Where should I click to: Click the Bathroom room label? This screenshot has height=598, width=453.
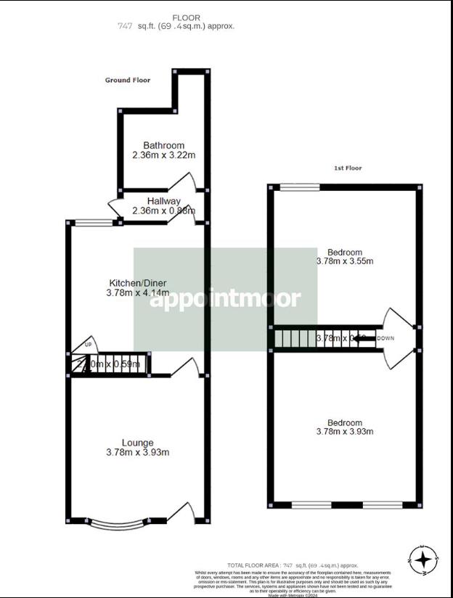pos(163,145)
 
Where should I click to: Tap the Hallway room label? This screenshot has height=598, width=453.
pos(163,201)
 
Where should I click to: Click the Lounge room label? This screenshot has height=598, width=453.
pos(137,443)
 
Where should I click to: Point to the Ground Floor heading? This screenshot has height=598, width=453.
pos(127,81)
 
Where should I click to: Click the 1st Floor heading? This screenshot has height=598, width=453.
pos(348,168)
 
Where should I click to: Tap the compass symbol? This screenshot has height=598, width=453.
pos(424,560)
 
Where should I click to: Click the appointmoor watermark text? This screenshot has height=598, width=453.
pos(224,298)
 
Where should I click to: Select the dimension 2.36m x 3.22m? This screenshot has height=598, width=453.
pos(163,155)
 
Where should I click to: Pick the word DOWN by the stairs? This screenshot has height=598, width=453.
pos(385,338)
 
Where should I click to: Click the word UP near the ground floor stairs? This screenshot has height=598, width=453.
pos(89,345)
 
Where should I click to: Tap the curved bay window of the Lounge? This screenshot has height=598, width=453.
pos(128,519)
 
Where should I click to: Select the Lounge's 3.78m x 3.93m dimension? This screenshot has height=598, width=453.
pos(137,453)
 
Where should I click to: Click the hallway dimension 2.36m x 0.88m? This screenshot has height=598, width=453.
pos(163,211)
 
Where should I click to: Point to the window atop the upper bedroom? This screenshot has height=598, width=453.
pos(300,187)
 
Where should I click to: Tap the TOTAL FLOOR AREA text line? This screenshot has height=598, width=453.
pos(293,564)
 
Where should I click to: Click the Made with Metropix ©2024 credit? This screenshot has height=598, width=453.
pos(293,595)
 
